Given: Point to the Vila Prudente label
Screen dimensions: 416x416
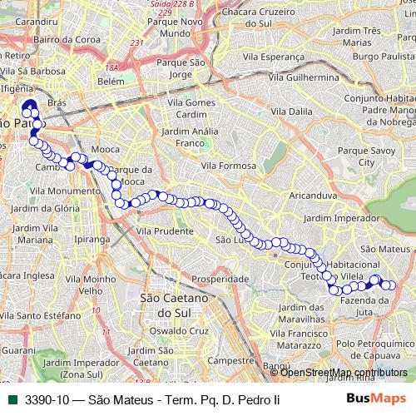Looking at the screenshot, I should point(164,230).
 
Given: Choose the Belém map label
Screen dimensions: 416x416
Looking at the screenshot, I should point(111,82).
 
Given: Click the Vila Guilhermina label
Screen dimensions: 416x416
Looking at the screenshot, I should point(302,77).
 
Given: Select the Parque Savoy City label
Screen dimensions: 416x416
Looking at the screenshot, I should point(379,156).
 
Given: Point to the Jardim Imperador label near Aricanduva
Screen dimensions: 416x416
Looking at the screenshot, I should point(342,217).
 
